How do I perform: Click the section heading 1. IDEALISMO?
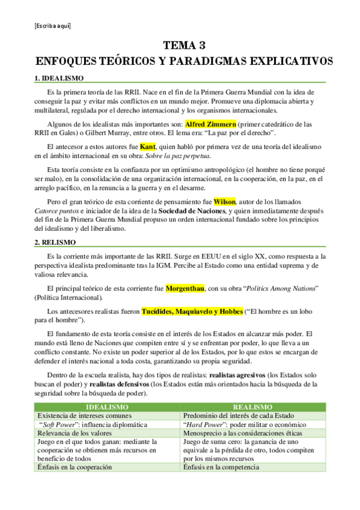click(x=58, y=78)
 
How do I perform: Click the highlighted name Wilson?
click(x=225, y=201)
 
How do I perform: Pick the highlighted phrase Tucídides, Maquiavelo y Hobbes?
click(x=192, y=312)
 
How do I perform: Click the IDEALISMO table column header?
click(x=108, y=407)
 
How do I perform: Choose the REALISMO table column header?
click(x=253, y=407)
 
